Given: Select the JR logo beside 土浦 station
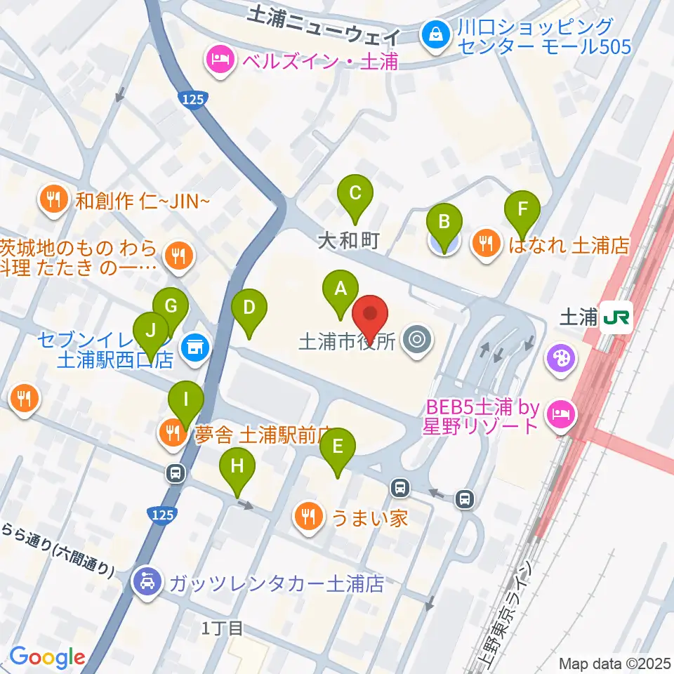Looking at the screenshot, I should (x=616, y=318).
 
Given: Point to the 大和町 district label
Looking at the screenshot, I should (x=348, y=242).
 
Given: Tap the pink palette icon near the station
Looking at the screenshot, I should (x=563, y=357).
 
